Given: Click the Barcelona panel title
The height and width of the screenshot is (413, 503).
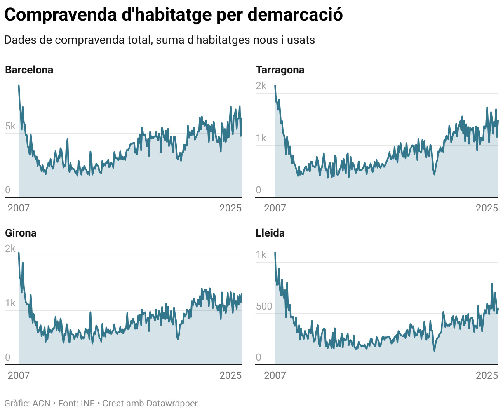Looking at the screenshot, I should click(x=29, y=70).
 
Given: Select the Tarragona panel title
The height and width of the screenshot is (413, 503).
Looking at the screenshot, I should click(x=280, y=70).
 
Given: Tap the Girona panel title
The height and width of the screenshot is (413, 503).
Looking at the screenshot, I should click(x=21, y=233).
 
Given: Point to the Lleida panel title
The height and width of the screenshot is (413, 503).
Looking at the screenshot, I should click(x=270, y=233).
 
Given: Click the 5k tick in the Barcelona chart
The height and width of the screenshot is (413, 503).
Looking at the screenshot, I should click(x=10, y=126).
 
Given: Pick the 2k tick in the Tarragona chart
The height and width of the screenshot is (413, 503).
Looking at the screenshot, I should click(x=261, y=86).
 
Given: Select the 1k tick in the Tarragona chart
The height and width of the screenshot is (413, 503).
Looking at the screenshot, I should click(x=261, y=138).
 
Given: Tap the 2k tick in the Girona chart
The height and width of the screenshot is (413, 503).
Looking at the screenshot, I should click(x=10, y=249).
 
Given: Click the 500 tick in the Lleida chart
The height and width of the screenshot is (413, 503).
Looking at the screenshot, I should click(x=264, y=306).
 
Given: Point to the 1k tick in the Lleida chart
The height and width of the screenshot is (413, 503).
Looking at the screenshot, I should click(x=261, y=255).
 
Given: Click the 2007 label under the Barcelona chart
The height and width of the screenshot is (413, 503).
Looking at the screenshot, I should click(x=19, y=208).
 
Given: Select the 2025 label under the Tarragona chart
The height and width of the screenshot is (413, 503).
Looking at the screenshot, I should click(x=487, y=208).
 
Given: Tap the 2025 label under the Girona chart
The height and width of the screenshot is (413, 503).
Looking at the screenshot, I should click(x=230, y=375).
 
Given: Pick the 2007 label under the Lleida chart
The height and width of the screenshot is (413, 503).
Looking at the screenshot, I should click(x=275, y=375).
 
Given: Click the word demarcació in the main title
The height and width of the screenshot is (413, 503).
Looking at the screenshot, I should click(x=295, y=15).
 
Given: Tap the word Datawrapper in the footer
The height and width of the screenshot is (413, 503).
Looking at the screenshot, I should click(x=172, y=403).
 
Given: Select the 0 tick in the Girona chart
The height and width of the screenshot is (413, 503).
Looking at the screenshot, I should click(x=8, y=357).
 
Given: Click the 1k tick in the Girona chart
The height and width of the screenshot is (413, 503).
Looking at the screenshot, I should click(x=10, y=303).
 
